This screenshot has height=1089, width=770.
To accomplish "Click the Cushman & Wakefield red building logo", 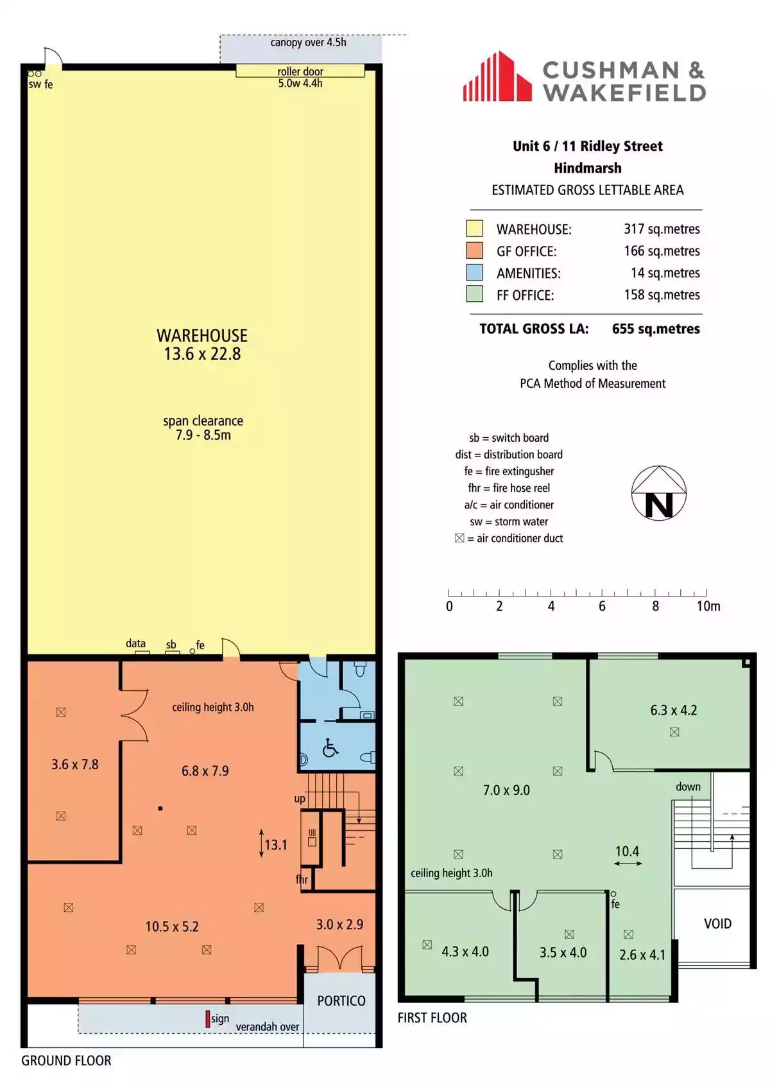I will click(497, 77).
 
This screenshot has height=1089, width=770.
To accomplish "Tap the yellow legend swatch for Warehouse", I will click(474, 229).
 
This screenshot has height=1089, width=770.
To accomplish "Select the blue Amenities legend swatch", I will click(474, 272).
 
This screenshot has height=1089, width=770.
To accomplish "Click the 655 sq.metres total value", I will click(655, 329).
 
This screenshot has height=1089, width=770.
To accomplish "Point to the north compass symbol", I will click(658, 493).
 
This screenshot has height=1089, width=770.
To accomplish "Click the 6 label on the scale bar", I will click(602, 606).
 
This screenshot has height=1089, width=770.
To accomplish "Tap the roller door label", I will click(300, 72).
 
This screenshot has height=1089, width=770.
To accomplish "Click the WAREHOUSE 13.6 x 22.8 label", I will click(202, 345).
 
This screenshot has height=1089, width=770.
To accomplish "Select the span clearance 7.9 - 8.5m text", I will click(203, 428).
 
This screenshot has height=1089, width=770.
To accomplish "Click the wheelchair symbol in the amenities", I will click(330, 748).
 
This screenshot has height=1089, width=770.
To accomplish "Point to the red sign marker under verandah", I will click(207, 1018).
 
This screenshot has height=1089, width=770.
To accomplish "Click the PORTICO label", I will click(341, 1001).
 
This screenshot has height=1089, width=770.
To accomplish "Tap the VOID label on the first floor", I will click(717, 923).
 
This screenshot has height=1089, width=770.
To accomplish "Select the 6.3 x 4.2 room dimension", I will click(673, 710).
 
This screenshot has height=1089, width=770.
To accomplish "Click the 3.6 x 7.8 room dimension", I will click(75, 765).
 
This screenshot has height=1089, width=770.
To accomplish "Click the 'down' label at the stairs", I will click(688, 787).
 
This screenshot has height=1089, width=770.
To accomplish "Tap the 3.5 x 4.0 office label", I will click(563, 952).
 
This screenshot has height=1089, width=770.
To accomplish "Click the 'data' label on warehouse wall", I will click(135, 643).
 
